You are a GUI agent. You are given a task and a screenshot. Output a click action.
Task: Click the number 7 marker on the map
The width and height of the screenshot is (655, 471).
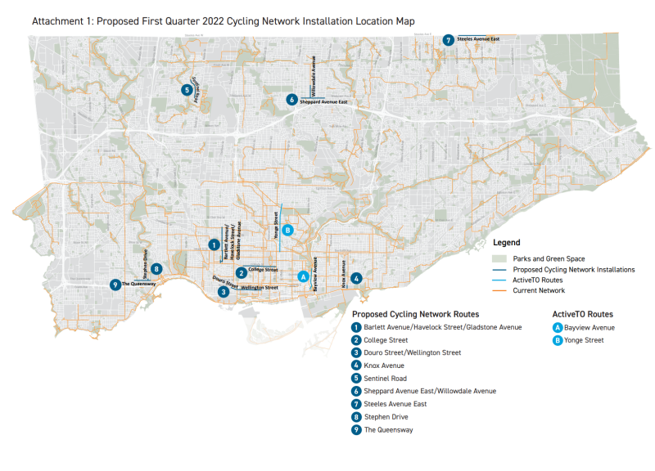pyautogui.click(x=449, y=40)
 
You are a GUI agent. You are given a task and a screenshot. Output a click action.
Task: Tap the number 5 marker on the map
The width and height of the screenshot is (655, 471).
pyautogui.click(x=187, y=90)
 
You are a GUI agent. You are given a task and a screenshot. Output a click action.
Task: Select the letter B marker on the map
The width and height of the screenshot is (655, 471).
pyautogui.click(x=287, y=231)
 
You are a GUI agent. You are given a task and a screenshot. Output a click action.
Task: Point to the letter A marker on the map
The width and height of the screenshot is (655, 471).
pyautogui.click(x=303, y=276)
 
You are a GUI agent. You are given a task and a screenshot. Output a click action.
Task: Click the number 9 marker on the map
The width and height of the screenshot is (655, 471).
pyautogui.click(x=115, y=285)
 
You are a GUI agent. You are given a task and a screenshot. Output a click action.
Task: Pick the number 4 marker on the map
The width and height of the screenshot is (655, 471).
pyautogui.click(x=356, y=279)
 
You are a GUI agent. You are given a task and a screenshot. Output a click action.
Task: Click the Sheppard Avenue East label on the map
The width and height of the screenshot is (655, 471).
pyautogui.click(x=324, y=102)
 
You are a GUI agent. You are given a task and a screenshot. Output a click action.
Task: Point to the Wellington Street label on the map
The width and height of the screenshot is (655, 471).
pyautogui.click(x=259, y=288)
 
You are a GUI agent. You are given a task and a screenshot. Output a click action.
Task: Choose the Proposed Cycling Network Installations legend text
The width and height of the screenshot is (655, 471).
pyautogui.click(x=573, y=269)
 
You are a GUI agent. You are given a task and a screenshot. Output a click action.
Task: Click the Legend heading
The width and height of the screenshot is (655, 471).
pyautogui.click(x=507, y=243)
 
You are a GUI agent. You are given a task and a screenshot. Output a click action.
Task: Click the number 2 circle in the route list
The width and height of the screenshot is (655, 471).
pyautogui.click(x=357, y=340)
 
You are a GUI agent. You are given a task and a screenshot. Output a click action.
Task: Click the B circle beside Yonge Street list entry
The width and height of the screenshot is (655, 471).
pyautogui.click(x=558, y=340)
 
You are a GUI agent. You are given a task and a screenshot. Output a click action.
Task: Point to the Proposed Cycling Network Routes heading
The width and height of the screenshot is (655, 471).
pyautogui.click(x=415, y=314)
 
